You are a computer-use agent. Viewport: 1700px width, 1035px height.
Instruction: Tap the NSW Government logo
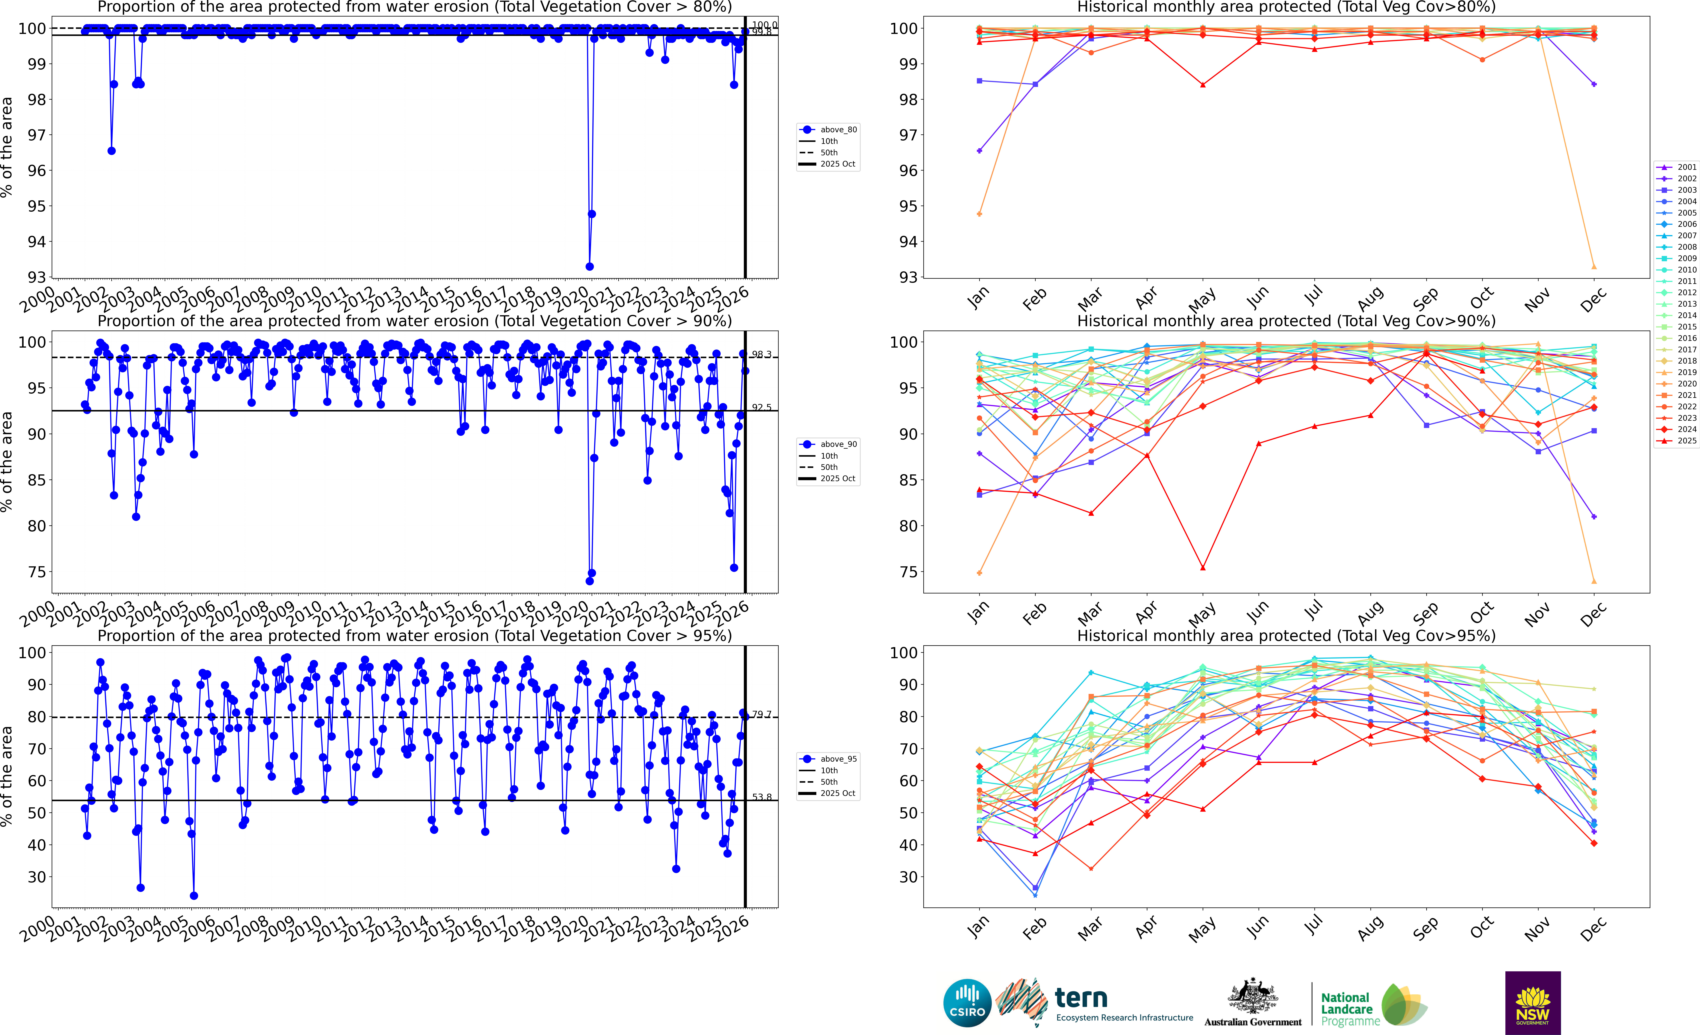pyautogui.click(x=1532, y=1003)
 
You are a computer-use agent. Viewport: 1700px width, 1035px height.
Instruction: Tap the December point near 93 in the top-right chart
pyautogui.click(x=1594, y=266)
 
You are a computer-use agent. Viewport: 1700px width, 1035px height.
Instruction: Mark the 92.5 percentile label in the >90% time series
pyautogui.click(x=762, y=407)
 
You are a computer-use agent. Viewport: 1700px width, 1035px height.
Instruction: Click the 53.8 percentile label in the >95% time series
pyautogui.click(x=762, y=797)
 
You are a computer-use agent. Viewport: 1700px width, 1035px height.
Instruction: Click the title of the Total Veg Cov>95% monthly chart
pyautogui.click(x=1286, y=636)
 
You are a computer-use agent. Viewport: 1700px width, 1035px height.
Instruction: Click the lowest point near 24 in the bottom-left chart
pyautogui.click(x=194, y=896)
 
